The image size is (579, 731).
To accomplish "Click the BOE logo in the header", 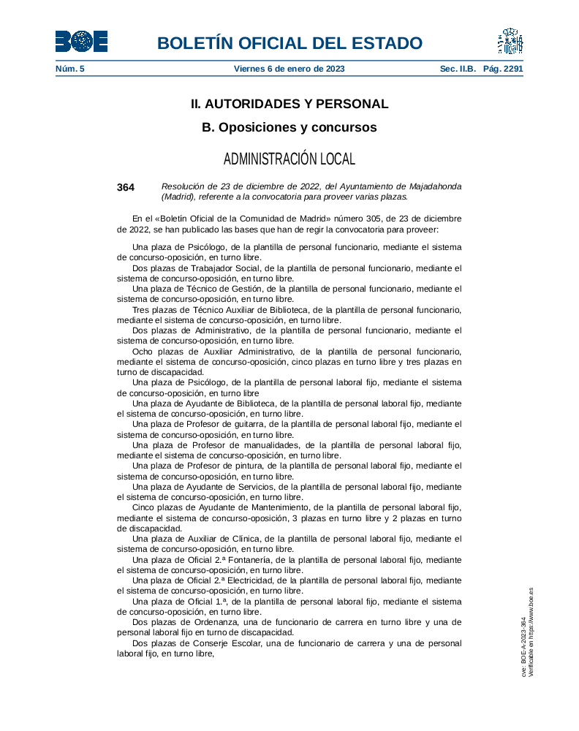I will coord(81,42).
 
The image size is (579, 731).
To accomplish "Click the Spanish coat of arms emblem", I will coord(510,42).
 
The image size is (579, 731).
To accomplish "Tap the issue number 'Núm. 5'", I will coord(70,69).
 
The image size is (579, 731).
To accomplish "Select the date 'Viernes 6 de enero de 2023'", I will coord(289,69).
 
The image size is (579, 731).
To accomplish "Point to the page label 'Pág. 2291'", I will coord(503,69).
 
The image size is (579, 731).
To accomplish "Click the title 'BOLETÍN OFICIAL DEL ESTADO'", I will coord(289,43).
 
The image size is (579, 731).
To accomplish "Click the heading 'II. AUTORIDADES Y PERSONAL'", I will coord(289,104).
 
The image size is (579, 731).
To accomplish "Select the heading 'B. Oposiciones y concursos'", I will coord(289,127).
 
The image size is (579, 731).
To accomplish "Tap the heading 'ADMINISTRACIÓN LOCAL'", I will coord(289,159).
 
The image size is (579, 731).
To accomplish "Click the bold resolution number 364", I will coord(126,187).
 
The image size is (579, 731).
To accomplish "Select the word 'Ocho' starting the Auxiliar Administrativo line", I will coord(143,351).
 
